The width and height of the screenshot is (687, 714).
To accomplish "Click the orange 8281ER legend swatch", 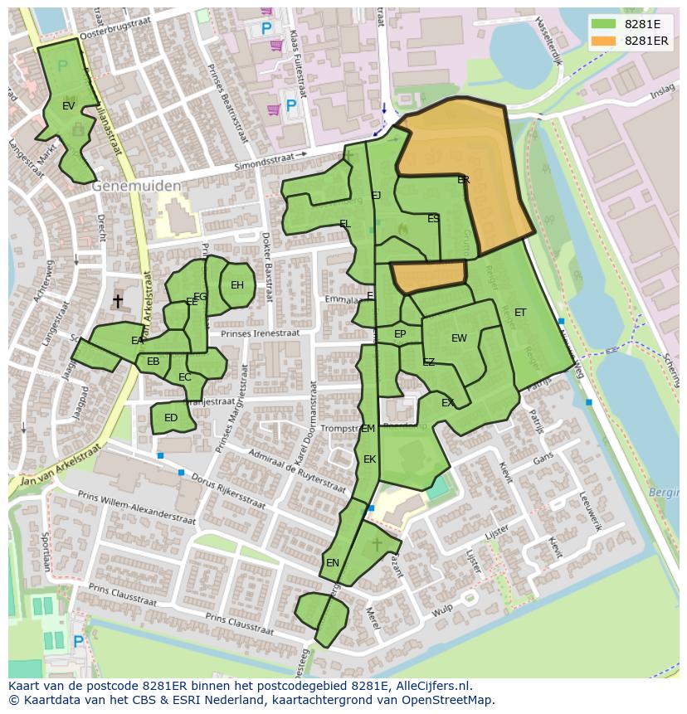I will pos(604,41).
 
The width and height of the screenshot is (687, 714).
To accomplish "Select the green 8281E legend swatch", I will pos(604,24).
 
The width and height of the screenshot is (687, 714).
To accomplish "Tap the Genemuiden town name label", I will pos(136,187).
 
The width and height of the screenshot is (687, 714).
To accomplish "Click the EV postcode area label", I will pos(69,106).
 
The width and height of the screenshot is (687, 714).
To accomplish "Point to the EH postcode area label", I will pos(237,285).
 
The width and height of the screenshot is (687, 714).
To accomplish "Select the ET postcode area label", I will pos(520,313).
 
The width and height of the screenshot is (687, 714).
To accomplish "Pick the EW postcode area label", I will pos(459,338).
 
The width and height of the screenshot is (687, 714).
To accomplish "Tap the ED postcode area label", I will pos(171,418).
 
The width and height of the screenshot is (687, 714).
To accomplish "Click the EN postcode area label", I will pos(333,563).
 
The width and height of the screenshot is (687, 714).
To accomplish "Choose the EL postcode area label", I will pos(344,224).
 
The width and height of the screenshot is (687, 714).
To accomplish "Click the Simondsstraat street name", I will pos(264,159).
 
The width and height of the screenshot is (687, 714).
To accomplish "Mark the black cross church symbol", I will pos(118,301).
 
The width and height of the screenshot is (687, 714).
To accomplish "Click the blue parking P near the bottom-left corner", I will pos(78,642).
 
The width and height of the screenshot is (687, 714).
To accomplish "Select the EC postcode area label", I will pos(185,377).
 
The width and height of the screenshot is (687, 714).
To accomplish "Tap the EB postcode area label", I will pos(153,362).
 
